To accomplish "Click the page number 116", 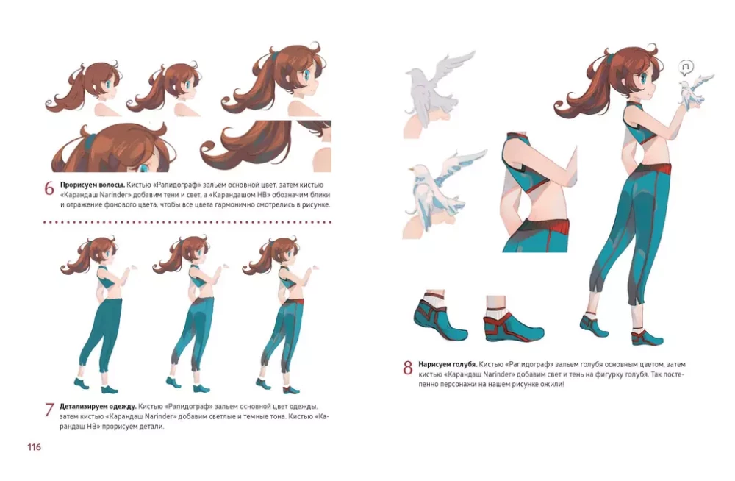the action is [x=35, y=447].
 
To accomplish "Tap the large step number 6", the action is [x=49, y=188].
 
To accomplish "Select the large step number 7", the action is [x=49, y=410].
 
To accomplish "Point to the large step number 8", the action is [x=408, y=368].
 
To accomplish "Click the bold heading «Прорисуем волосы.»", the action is [x=93, y=185].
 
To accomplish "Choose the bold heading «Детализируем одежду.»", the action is [x=98, y=407].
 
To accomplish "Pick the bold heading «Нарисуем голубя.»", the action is [x=448, y=364].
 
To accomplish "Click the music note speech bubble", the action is [x=686, y=68].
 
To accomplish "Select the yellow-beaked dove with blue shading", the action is [x=440, y=188].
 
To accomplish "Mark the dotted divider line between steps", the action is [x=187, y=222].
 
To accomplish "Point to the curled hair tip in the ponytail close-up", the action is [x=209, y=151].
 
